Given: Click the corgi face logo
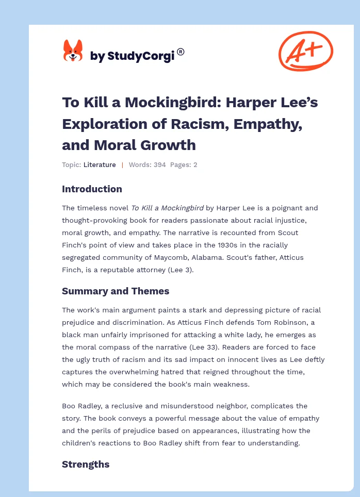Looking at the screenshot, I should tap(73, 51).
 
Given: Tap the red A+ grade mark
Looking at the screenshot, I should tap(305, 51).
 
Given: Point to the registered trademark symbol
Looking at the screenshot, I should tap(181, 52).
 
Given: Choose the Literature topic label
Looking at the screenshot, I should tap(100, 165).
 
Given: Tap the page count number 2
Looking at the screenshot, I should tap(195, 165).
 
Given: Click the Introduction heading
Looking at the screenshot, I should tap(92, 189).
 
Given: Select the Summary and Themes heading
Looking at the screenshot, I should tap(116, 291).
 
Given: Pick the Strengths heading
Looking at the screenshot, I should tap(86, 464).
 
